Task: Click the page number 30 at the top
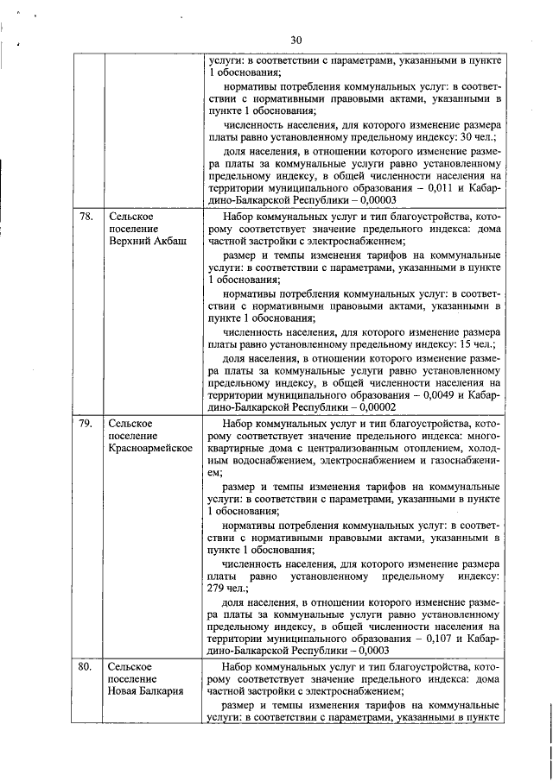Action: [296, 41]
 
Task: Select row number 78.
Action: [85, 217]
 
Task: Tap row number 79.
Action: [85, 424]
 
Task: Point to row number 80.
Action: [85, 667]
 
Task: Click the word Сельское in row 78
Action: [131, 217]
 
